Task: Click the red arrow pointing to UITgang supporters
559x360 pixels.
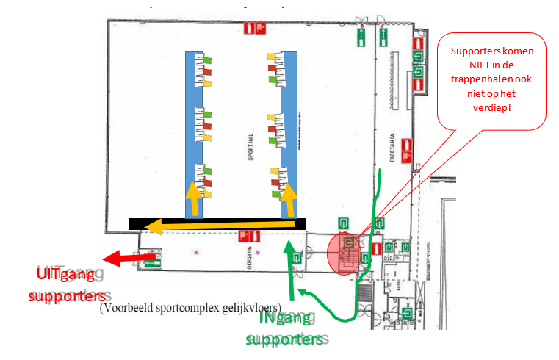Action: (129, 258)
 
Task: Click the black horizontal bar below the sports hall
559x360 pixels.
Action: (217, 223)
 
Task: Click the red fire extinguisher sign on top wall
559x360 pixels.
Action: (254, 28)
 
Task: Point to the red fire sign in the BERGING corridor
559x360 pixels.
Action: (250, 237)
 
